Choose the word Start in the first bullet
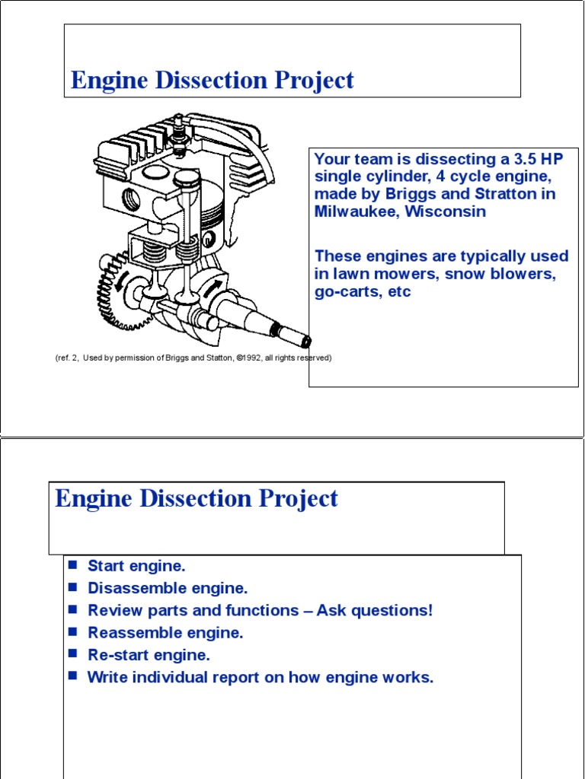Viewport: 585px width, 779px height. tap(106, 566)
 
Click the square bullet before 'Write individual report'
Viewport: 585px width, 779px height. tap(73, 676)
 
